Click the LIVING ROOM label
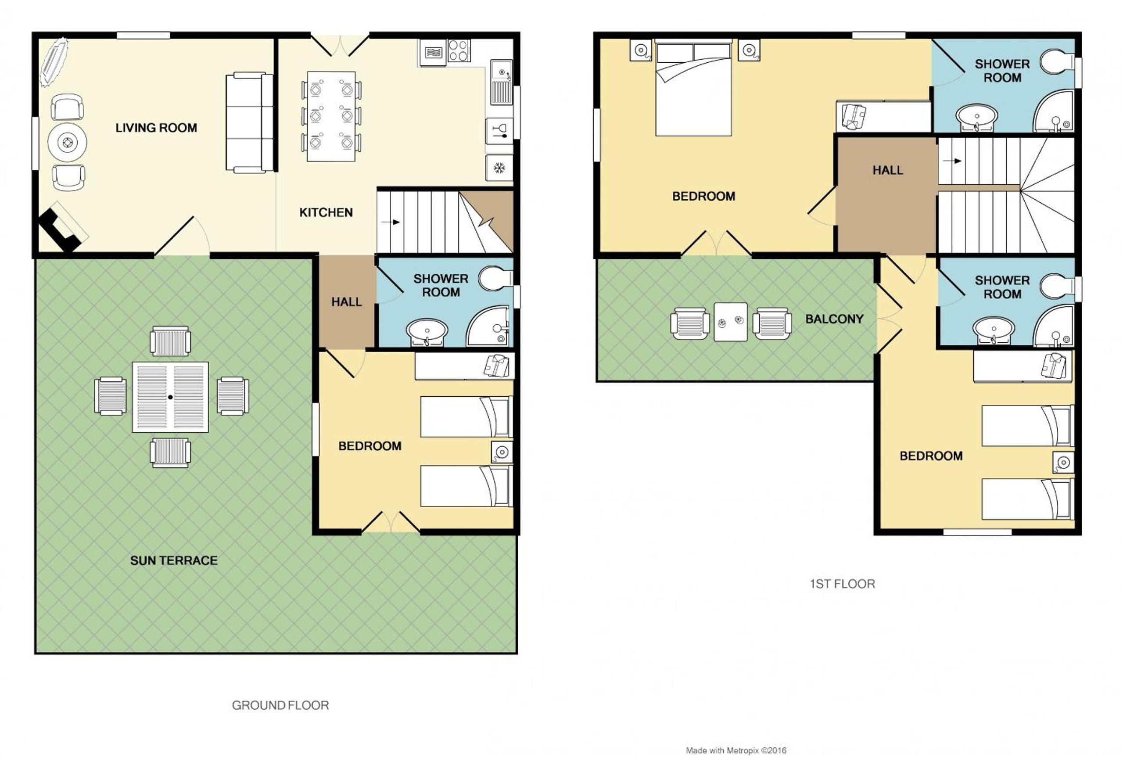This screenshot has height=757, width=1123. click(x=156, y=128)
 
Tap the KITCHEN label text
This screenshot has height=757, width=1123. click(x=326, y=212)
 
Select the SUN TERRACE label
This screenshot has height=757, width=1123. click(x=174, y=560)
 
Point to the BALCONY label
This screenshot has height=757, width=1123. click(x=834, y=319)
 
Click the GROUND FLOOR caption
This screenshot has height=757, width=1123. click(x=280, y=705)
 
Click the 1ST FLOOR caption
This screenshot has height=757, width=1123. click(x=843, y=584)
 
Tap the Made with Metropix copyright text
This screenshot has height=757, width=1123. click(x=736, y=751)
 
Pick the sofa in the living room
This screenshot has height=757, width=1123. click(x=249, y=122)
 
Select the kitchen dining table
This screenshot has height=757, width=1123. click(x=331, y=116)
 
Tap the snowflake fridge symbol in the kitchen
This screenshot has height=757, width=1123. click(x=499, y=168)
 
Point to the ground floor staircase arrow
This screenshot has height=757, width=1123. click(x=391, y=222)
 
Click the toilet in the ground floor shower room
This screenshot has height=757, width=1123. click(x=496, y=279)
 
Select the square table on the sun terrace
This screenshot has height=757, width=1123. click(x=170, y=397)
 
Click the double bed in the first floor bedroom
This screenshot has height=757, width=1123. click(x=693, y=87)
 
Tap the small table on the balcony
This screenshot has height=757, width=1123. click(x=731, y=322)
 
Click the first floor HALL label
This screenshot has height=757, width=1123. click(x=888, y=170)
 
